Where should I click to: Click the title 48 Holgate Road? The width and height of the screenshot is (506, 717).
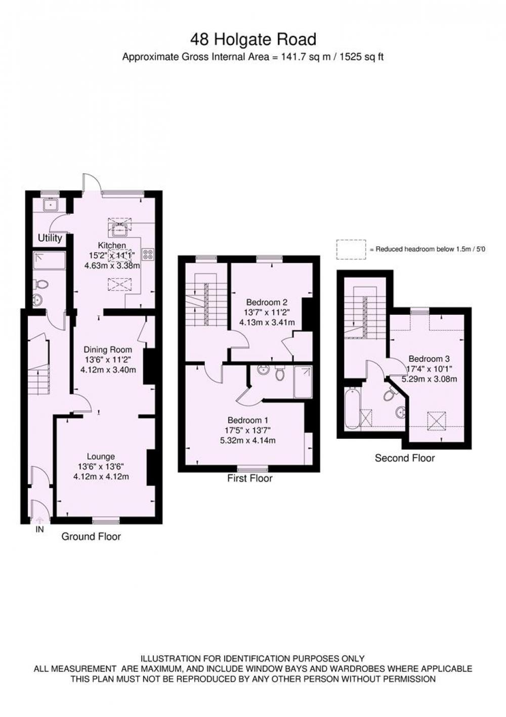coord(253,40)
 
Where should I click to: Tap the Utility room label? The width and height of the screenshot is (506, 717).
coord(50,238)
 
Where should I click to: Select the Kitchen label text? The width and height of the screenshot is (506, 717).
coord(112,246)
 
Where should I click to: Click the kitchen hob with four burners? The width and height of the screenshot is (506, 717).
coord(148,254)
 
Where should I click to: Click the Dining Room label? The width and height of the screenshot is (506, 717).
coord(108,350)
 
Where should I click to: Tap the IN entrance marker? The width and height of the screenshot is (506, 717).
coord(39,530)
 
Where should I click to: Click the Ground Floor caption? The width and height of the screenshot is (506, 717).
coord(91,537)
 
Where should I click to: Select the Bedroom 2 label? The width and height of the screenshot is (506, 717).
coord(267,302)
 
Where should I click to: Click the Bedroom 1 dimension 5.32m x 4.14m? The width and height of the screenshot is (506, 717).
coord(248,440)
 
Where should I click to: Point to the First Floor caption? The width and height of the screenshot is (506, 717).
coord(250,478)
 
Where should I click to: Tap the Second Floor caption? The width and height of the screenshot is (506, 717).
coord(405,458)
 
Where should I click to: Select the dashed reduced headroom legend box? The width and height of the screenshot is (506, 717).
coord(351,249)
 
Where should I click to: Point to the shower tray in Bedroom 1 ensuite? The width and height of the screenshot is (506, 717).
coord(303,382)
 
